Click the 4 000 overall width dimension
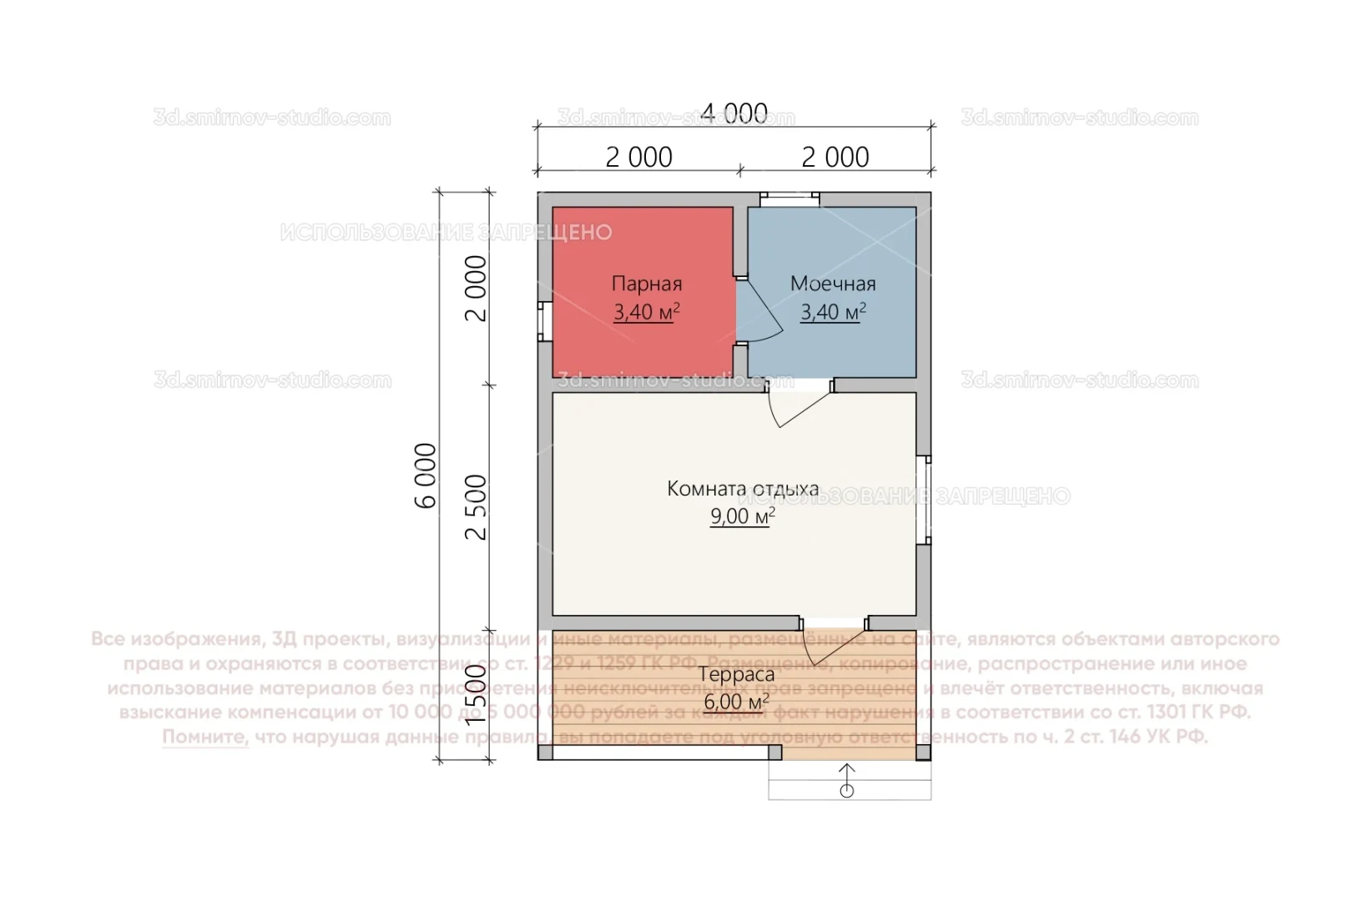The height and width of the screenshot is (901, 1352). click(734, 113)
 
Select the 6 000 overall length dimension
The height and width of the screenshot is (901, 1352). click(426, 476)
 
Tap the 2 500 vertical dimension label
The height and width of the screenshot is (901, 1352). click(476, 507)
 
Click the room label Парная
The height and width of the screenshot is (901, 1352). click(646, 284)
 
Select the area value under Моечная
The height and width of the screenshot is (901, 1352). click(832, 313)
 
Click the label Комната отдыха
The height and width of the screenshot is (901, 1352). click(742, 489)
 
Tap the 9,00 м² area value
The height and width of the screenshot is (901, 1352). click(742, 517)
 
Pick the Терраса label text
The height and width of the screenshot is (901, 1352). click(736, 674)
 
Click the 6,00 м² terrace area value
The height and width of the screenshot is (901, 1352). click(736, 702)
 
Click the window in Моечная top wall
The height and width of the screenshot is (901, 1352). click(790, 199)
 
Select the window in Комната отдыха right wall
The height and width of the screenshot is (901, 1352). click(925, 500)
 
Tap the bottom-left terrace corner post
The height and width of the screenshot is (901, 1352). click(545, 753)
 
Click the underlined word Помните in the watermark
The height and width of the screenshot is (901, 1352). click(205, 737)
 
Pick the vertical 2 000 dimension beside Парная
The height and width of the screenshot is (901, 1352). click(476, 289)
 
